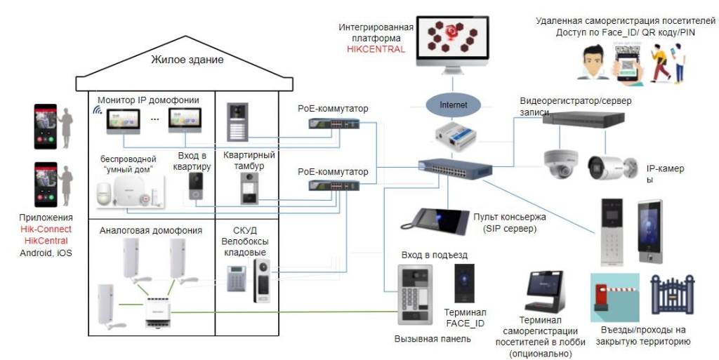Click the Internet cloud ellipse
[453, 105]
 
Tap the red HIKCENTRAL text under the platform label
[376, 49]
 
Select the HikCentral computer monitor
[452, 44]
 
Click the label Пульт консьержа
[509, 217]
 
